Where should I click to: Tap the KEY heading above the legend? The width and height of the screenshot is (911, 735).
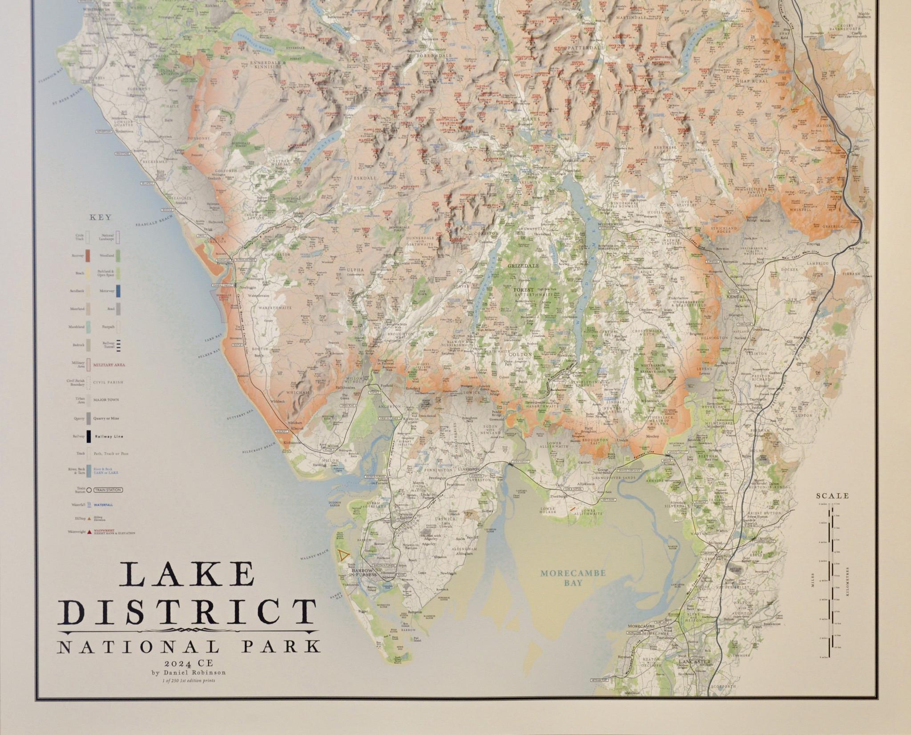100,218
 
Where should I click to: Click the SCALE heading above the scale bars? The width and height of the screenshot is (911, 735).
833,495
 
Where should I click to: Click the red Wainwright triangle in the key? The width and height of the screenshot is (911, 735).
89,532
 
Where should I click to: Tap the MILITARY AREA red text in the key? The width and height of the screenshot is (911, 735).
109,365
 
